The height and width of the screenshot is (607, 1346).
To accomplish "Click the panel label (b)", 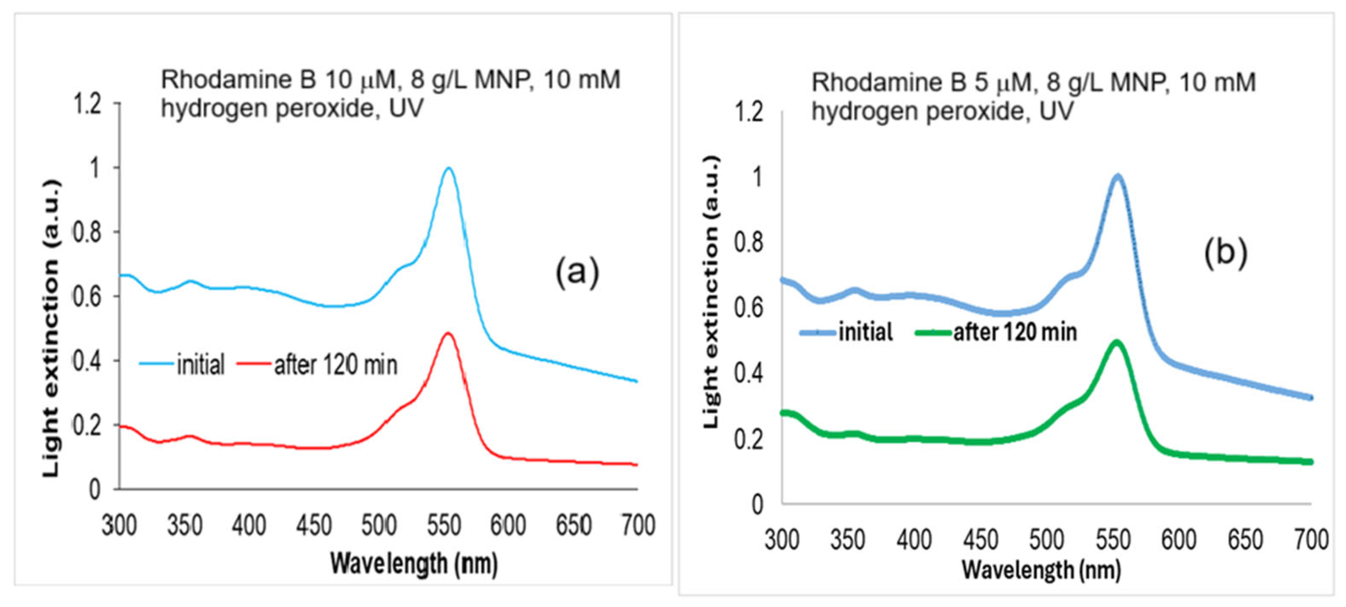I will [1226, 253].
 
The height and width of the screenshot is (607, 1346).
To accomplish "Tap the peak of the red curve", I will [448, 333].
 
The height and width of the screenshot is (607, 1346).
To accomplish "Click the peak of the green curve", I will [1117, 343].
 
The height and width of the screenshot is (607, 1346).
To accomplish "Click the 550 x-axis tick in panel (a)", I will [444, 525].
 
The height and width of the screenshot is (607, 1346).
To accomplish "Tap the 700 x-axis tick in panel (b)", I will [1311, 539].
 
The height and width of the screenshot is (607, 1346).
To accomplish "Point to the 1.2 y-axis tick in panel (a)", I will [88, 104].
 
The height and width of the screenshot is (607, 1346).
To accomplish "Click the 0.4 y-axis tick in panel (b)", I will [748, 374].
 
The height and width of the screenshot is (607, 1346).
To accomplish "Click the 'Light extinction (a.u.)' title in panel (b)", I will [712, 293].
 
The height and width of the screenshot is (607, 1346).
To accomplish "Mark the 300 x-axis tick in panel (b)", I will [782, 539].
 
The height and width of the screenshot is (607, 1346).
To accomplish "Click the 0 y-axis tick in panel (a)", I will [95, 489].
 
